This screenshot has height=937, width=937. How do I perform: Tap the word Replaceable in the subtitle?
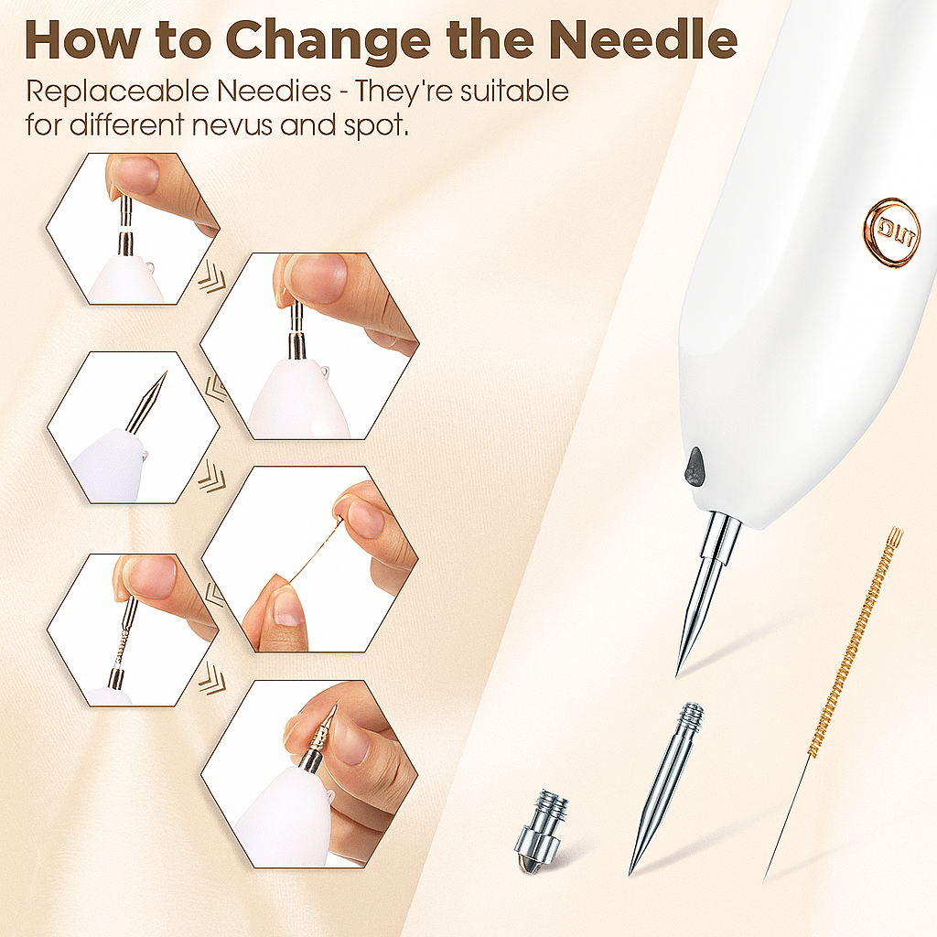tap(119, 92)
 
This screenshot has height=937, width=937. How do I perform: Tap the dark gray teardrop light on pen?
tap(695, 466)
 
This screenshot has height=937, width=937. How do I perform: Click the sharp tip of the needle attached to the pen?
tap(676, 675)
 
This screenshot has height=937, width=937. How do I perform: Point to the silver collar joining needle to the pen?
tap(720, 538)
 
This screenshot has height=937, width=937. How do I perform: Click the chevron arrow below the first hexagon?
tap(212, 279)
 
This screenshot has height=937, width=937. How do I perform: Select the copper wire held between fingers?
tap(315, 550)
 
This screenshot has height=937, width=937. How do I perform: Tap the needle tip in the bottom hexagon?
tap(335, 706)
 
